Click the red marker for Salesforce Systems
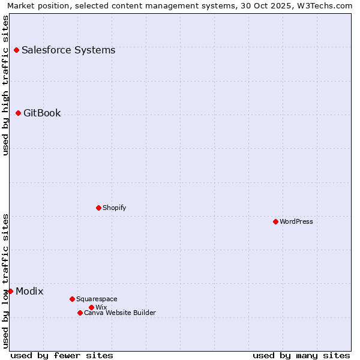pyautogui.click(x=16, y=50)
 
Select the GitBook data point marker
pyautogui.click(x=18, y=113)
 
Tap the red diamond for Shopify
pyautogui.click(x=98, y=208)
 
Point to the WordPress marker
pyautogui.click(x=275, y=221)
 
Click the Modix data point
pyautogui.click(x=10, y=291)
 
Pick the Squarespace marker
pyautogui.click(x=72, y=299)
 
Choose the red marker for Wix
pyautogui.click(x=91, y=307)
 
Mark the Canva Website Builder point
pyautogui.click(x=80, y=313)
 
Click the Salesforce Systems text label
pyautogui.click(x=68, y=50)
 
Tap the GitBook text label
pyautogui.click(x=42, y=113)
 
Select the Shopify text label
pyautogui.click(x=114, y=208)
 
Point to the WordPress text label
pyautogui.click(x=296, y=221)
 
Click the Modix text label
pyautogui.click(x=29, y=291)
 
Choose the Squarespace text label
pyautogui.click(x=97, y=299)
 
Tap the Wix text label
pyautogui.click(x=101, y=307)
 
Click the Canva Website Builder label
pyautogui.click(x=120, y=313)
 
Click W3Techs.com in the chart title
pyautogui.click(x=322, y=5)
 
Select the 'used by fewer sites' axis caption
pyautogui.click(x=62, y=355)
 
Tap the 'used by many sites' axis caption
pyautogui.click(x=301, y=355)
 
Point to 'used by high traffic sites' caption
pyautogui.click(x=5, y=85)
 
